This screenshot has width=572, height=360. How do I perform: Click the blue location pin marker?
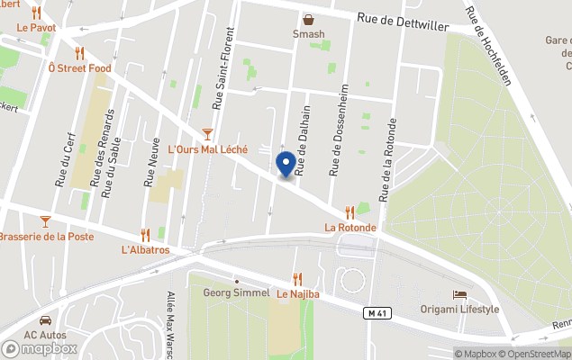(x=286, y=165)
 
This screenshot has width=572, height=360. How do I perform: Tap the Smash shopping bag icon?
(x=309, y=19)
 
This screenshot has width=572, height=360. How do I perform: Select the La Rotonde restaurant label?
(x=350, y=228)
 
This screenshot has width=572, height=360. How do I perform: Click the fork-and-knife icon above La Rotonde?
(x=350, y=212)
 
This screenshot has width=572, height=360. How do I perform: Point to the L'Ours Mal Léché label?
(x=208, y=148)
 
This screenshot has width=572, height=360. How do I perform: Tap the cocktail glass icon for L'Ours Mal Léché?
(x=207, y=133)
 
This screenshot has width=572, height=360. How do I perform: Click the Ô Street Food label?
(x=79, y=67)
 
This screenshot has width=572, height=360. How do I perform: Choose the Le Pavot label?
(x=36, y=28)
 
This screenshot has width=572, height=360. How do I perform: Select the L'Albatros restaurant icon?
(x=145, y=235)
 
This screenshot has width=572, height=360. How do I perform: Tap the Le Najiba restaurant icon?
(x=297, y=279)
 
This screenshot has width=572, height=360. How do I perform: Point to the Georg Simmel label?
(x=236, y=292)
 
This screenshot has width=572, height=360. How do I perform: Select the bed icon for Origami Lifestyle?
(x=459, y=294)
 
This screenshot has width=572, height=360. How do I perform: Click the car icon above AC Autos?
(x=45, y=319)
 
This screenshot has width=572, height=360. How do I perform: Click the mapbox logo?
(x=40, y=348)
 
